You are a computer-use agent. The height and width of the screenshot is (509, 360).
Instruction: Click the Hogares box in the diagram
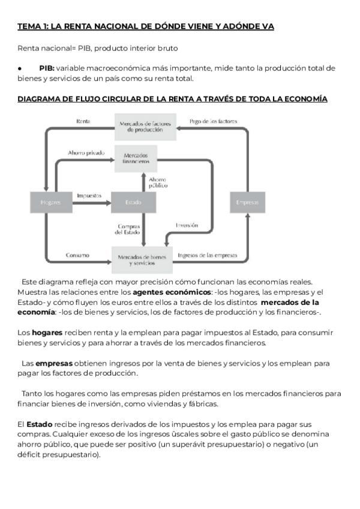(50, 202)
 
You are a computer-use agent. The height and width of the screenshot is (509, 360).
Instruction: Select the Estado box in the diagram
(133, 202)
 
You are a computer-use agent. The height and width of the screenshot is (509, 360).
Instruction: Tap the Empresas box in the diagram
(247, 202)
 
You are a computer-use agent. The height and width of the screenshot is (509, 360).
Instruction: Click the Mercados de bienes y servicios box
(142, 259)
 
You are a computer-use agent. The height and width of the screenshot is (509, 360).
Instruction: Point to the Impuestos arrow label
(89, 196)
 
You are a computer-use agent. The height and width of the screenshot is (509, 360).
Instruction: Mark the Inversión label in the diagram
(187, 225)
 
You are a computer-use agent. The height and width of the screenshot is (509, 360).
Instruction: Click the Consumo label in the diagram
(78, 255)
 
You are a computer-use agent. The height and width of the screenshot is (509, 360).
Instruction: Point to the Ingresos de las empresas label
(207, 255)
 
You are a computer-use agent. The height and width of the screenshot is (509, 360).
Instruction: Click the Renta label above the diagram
(83, 121)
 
